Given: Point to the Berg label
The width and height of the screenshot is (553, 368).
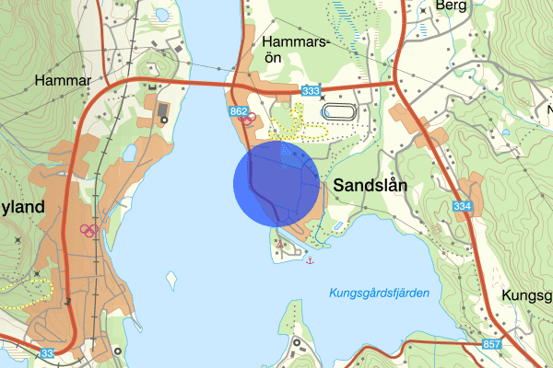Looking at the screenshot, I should coord(453,6).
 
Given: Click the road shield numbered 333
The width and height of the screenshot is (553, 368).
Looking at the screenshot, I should coord(310,90).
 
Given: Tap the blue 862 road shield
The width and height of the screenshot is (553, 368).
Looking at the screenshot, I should coord(240,111).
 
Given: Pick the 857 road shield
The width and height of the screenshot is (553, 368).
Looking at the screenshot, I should coord(493,342).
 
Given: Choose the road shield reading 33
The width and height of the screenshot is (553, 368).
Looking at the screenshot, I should coord(47,352).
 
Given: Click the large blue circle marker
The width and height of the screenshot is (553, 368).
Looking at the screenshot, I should coord(276,182).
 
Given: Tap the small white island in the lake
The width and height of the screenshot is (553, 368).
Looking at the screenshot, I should coord(171,278).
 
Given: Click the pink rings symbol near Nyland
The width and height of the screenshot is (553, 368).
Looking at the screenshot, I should coord(88,230).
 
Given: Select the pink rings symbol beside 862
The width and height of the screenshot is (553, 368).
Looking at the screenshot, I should coord(247,119).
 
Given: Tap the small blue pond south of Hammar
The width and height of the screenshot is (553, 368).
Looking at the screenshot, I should coord(129,152).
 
